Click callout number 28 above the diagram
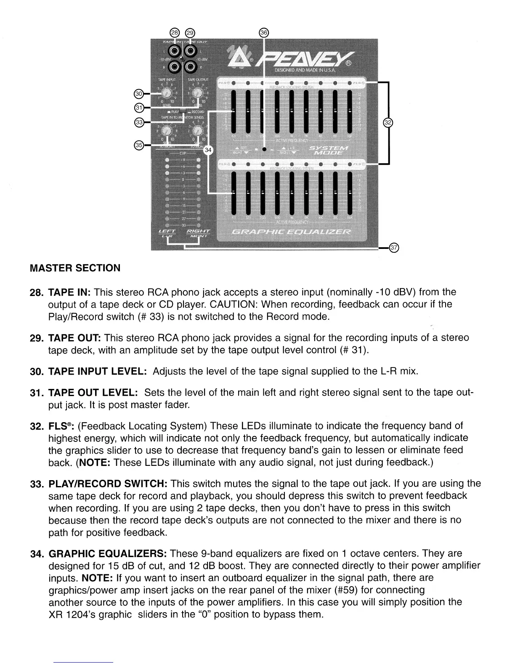[x=174, y=33]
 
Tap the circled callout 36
[x=264, y=33]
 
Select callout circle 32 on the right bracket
[x=388, y=122]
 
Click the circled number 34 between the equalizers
[x=208, y=150]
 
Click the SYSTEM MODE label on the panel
[x=328, y=151]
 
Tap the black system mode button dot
[x=264, y=149]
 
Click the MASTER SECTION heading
[x=75, y=268]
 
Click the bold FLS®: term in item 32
[x=62, y=426]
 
